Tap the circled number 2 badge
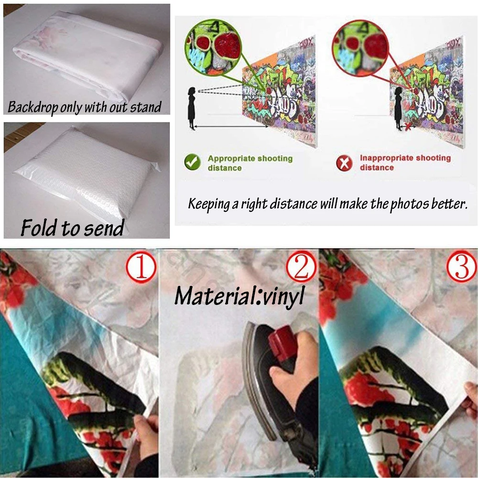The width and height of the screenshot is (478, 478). click(x=302, y=268)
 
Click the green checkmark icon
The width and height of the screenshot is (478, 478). click(x=192, y=163)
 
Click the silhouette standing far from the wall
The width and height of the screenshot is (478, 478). click(x=192, y=108)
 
